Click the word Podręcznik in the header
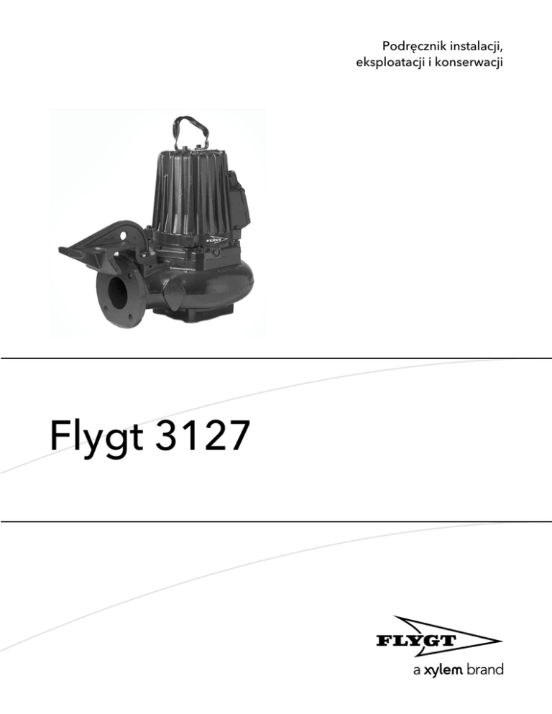click(x=414, y=47)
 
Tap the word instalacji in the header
click(x=477, y=47)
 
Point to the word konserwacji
click(x=469, y=62)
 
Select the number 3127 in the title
click(x=203, y=435)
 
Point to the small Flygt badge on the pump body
click(x=216, y=239)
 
